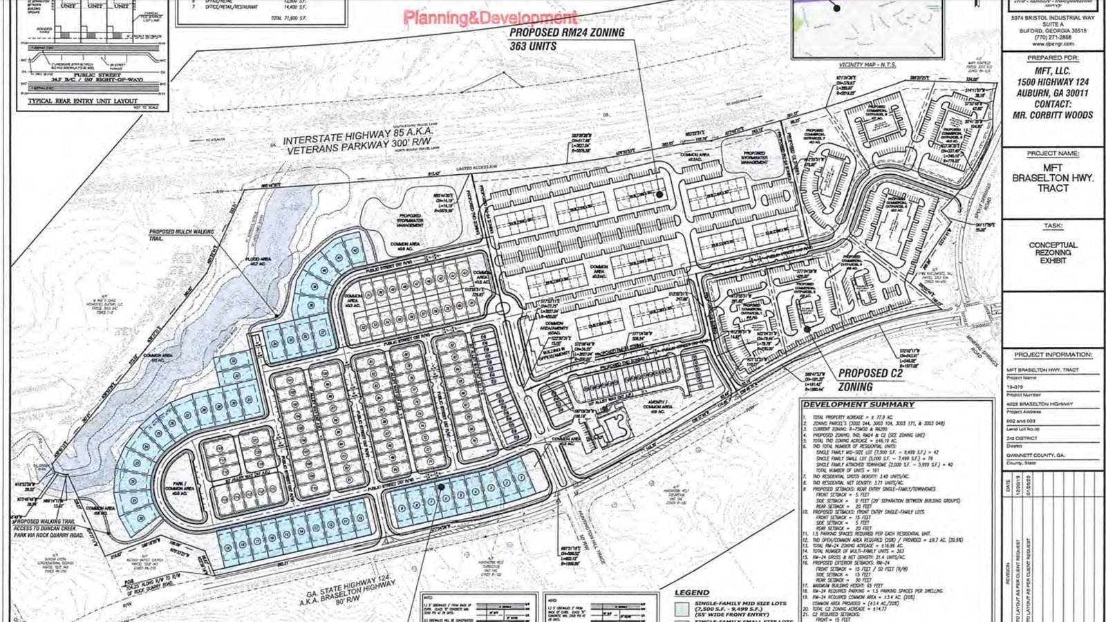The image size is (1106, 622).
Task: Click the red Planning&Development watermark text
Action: coord(490,17)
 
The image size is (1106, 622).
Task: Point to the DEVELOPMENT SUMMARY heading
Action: coord(859,404)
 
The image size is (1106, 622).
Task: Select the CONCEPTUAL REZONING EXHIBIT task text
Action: coord(1053,253)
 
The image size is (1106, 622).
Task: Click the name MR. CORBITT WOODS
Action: coord(1053,115)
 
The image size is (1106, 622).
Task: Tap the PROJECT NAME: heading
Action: coord(1053,153)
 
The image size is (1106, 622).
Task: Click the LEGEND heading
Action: coord(691,592)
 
